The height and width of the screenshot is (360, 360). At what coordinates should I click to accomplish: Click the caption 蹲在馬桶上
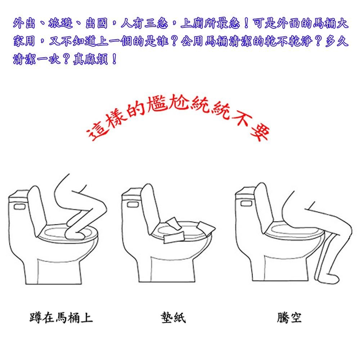point(61,318)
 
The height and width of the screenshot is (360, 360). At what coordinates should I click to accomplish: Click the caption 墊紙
point(174,318)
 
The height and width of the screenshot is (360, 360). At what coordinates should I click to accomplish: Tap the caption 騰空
point(289,318)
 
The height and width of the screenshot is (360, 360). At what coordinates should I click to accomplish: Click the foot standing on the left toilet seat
point(80,234)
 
